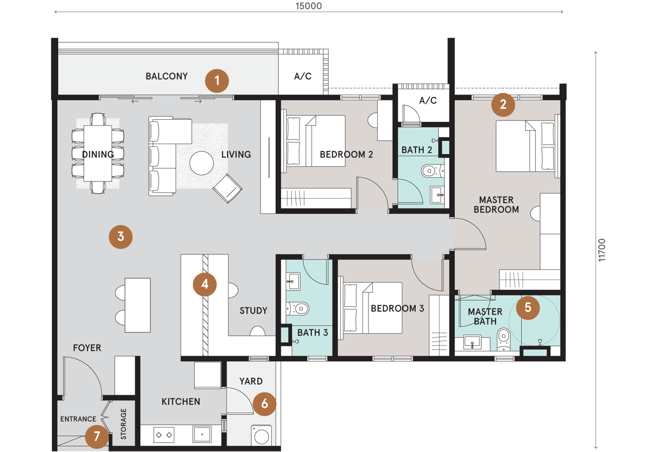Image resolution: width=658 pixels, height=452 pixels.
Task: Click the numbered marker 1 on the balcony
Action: pos(217,81)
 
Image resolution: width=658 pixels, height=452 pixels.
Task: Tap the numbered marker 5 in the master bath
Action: pos(528,308)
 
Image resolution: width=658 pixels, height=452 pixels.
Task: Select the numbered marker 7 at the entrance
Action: pos(97,437)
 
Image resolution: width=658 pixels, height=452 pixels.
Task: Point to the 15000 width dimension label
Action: pos(309,6)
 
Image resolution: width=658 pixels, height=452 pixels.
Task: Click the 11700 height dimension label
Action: pos(602,250)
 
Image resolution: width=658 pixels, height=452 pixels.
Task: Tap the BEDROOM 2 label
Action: pos(346,154)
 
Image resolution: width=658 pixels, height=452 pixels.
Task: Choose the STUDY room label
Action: pos(253,311)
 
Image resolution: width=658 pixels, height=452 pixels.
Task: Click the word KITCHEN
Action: pos(181,401)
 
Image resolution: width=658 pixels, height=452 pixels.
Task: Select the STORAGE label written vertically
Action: pos(123,424)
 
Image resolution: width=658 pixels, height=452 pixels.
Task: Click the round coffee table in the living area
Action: pos(201,163)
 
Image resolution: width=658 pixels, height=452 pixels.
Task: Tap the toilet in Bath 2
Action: pos(432,171)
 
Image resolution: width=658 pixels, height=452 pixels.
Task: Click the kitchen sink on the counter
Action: pos(202,434)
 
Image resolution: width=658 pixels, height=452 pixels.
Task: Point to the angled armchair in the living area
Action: pos(227,188)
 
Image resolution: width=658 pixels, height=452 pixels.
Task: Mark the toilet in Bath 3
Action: pos(298,309)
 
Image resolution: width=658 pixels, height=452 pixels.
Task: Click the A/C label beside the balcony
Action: pos(303,77)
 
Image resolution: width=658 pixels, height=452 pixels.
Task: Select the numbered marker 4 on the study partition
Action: pos(205,284)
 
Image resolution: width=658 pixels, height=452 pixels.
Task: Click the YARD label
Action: pos(251,381)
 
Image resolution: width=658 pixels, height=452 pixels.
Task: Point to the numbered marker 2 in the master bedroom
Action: pos(503,104)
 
